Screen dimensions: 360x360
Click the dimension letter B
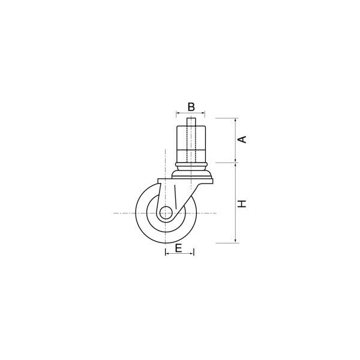click(x=191, y=107)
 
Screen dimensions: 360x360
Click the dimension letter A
click(x=242, y=140)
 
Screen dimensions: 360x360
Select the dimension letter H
click(x=242, y=203)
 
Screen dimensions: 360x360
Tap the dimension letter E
click(x=179, y=248)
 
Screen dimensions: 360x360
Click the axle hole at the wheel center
click(x=166, y=213)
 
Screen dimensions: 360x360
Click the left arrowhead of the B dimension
click(x=178, y=113)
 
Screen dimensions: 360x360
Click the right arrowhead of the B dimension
click(x=203, y=113)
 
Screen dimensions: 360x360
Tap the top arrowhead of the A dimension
click(x=236, y=120)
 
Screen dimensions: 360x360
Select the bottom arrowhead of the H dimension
click(x=236, y=241)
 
